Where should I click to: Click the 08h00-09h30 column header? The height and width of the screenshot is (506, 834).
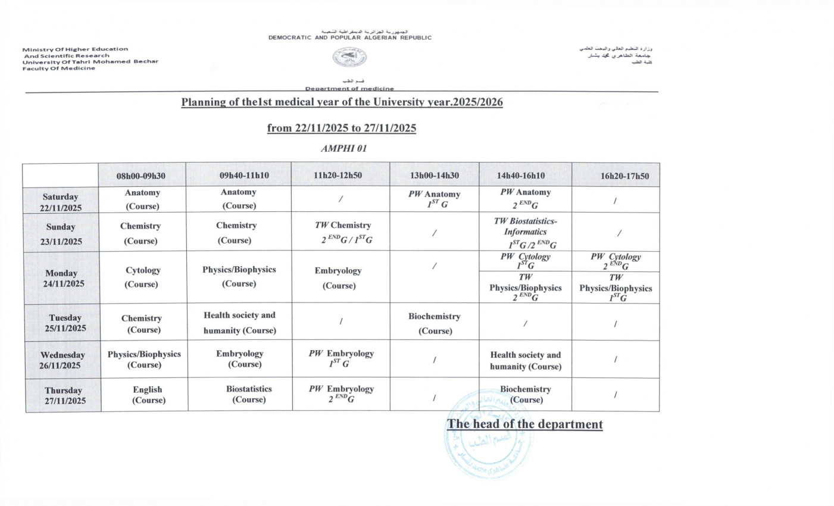point(141,176)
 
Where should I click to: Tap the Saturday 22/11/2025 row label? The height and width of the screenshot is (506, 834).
point(61,202)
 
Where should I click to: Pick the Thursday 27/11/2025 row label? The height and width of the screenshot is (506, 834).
point(64,395)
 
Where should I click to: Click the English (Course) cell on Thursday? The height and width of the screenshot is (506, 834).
point(148,395)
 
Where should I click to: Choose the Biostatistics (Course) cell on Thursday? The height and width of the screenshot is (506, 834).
point(249,394)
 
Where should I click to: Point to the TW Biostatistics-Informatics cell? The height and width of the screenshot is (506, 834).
point(525,232)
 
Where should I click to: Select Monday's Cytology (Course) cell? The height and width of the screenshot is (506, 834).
point(142,277)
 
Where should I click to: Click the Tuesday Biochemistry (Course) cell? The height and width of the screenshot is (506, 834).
point(435,323)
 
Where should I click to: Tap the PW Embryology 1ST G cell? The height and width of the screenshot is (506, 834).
point(341,358)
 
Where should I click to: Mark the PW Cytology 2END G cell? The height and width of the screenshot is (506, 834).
point(616,261)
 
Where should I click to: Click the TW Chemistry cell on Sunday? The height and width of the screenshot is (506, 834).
point(342,232)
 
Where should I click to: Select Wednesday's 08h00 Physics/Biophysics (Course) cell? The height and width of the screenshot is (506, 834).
point(144,359)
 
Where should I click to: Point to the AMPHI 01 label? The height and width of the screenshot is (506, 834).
point(343,148)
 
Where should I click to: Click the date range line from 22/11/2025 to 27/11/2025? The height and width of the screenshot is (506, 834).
point(341,128)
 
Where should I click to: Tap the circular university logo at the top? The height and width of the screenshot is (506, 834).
point(349,57)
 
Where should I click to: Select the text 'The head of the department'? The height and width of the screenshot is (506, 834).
point(524,424)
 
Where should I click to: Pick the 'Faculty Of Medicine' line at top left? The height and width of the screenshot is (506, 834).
point(59,68)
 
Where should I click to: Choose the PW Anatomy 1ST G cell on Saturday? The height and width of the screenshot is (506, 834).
point(434,199)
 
